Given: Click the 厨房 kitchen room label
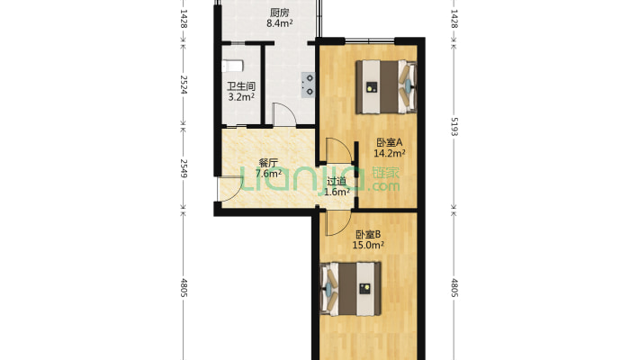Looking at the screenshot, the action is [x=280, y=13].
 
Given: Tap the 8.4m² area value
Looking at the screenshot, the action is [x=280, y=23].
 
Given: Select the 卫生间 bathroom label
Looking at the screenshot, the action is [x=241, y=86].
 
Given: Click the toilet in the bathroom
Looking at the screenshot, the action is [x=232, y=66].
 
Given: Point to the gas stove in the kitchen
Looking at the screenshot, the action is [x=308, y=85].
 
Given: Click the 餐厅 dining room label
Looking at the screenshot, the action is [x=268, y=163].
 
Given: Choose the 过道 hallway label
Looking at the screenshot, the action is [x=337, y=182].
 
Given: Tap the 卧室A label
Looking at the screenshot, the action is [x=389, y=143].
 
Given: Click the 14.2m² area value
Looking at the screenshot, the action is [x=389, y=153].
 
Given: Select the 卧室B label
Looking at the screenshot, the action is [x=368, y=235].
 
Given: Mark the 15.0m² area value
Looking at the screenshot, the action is [x=368, y=245].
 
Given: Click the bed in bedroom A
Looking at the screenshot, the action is [x=386, y=86].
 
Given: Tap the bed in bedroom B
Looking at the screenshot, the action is [x=351, y=289].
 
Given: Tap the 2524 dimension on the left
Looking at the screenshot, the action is [x=184, y=85].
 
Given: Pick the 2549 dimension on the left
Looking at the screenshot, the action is [x=184, y=168].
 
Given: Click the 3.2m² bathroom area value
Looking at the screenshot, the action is [x=241, y=97].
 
